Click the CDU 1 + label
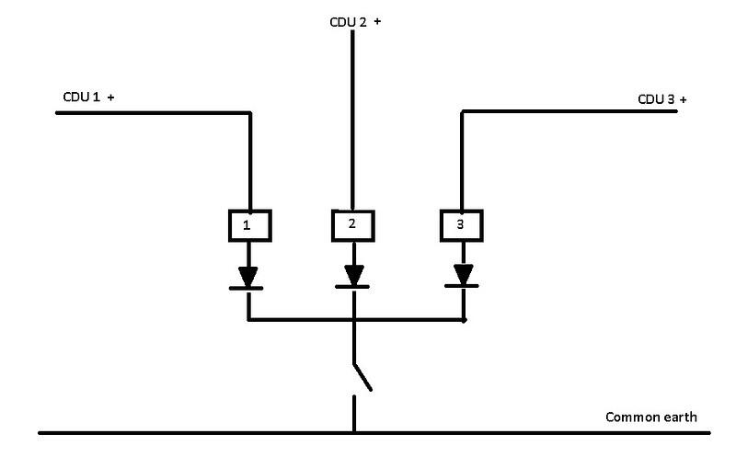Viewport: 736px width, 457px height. [x=87, y=97]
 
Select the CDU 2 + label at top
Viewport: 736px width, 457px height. [x=355, y=22]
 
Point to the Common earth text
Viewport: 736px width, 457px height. [x=650, y=417]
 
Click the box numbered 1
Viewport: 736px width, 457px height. [x=247, y=224]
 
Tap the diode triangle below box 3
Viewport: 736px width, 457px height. [x=463, y=274]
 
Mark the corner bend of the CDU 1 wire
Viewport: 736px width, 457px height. [x=249, y=113]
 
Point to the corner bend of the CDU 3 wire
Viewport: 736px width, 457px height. [x=462, y=112]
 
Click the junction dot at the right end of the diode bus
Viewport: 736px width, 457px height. [x=463, y=320]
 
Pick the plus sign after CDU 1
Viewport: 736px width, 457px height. [x=110, y=97]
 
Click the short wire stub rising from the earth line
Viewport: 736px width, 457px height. [x=354, y=414]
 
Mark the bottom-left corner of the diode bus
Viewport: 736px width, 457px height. [x=249, y=320]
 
